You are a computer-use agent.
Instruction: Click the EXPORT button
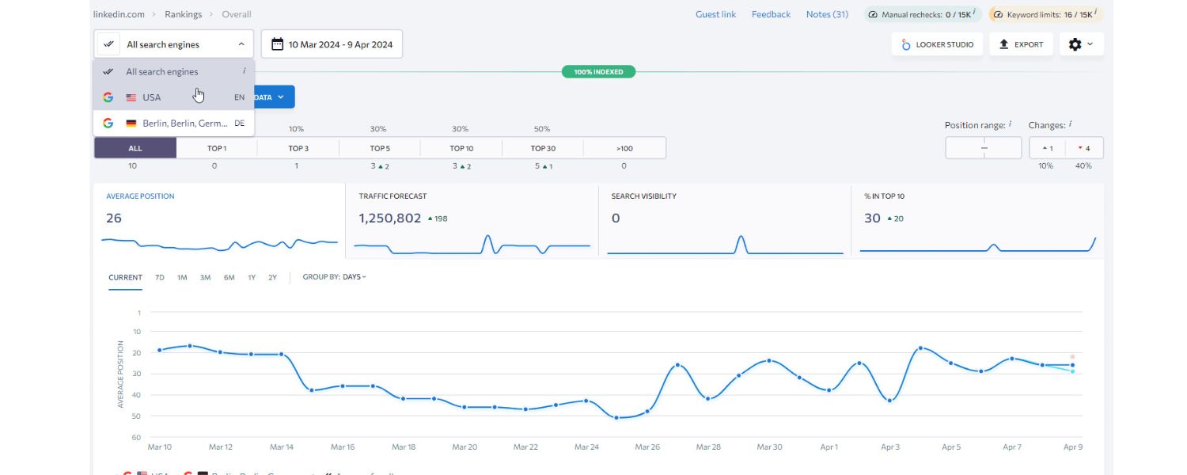[1021, 44]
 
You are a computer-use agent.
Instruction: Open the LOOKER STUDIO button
[937, 44]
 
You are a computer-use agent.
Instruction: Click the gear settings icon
[1079, 44]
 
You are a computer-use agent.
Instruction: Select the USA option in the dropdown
[151, 97]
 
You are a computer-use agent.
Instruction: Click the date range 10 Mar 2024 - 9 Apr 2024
[332, 44]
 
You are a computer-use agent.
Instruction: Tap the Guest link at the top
[715, 14]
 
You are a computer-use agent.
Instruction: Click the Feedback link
[771, 14]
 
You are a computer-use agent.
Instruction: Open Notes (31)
[827, 14]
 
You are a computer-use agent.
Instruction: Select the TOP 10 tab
[461, 148]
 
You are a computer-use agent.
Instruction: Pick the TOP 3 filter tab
[298, 148]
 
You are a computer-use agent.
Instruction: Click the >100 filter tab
[624, 148]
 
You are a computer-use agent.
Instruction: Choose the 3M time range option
[205, 278]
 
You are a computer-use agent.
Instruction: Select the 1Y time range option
[252, 278]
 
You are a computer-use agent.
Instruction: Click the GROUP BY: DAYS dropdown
[334, 278]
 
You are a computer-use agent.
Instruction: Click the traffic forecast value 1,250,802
[389, 218]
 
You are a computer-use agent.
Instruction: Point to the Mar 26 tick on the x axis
[647, 447]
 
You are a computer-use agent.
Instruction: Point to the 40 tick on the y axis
[136, 395]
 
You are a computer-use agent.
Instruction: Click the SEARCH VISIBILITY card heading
[643, 196]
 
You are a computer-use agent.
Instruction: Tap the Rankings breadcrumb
[183, 14]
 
